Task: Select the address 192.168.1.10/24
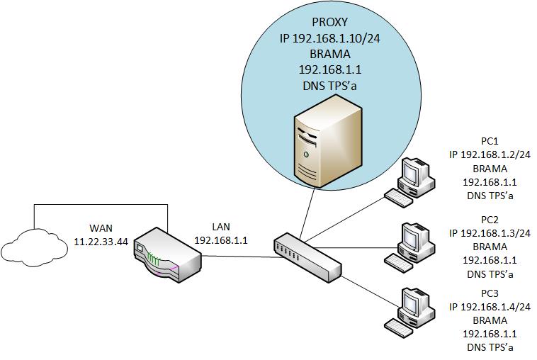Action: (x=330, y=39)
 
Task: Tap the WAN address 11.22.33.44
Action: (x=101, y=241)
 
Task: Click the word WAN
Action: (x=101, y=227)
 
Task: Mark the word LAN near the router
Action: (x=221, y=227)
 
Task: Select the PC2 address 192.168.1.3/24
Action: (x=490, y=232)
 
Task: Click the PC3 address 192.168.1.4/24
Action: (x=490, y=307)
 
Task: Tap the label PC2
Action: (x=490, y=219)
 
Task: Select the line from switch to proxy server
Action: (x=307, y=217)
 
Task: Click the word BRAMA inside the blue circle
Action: (x=330, y=55)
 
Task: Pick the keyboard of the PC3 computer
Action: (x=398, y=325)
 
